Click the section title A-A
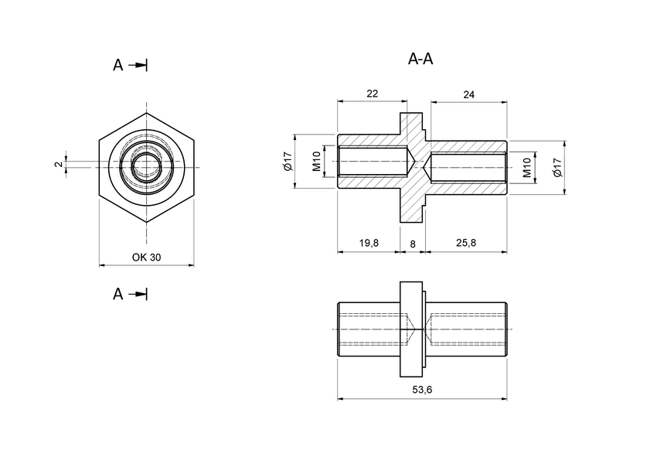click(x=425, y=60)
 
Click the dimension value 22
click(x=372, y=94)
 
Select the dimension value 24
click(x=468, y=94)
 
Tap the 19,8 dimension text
click(x=369, y=243)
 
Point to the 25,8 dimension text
click(x=466, y=243)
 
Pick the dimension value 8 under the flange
click(x=413, y=243)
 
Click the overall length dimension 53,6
click(x=422, y=391)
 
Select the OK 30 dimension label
click(x=146, y=258)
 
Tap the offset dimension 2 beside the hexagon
click(x=58, y=165)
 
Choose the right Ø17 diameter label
click(x=557, y=167)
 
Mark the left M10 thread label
click(x=317, y=162)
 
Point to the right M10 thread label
click(x=527, y=167)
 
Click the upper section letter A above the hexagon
click(x=117, y=66)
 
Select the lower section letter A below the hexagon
click(x=117, y=294)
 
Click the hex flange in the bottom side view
click(x=413, y=329)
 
